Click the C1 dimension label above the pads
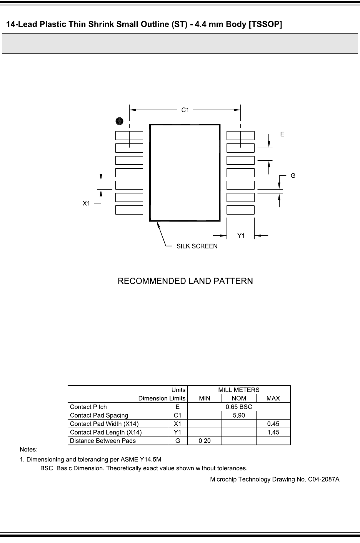pyautogui.click(x=185, y=110)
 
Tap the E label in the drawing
pyautogui.click(x=282, y=134)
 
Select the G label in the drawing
pyautogui.click(x=293, y=176)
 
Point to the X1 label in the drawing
pyautogui.click(x=87, y=203)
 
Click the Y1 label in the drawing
pyautogui.click(x=241, y=236)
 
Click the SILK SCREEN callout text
pyautogui.click(x=197, y=246)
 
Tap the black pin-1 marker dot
pyautogui.click(x=120, y=121)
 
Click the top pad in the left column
pyautogui.click(x=129, y=135)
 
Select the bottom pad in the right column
pyautogui.click(x=240, y=210)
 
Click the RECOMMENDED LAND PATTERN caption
pyautogui.click(x=185, y=281)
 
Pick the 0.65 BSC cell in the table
pyautogui.click(x=239, y=407)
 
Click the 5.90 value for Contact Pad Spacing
pyautogui.click(x=239, y=415)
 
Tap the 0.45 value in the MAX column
pyautogui.click(x=273, y=424)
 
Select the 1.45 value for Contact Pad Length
pyautogui.click(x=273, y=432)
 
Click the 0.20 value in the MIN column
pyautogui.click(x=205, y=441)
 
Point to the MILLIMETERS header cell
pyautogui.click(x=239, y=390)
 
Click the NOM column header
pyautogui.click(x=239, y=398)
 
